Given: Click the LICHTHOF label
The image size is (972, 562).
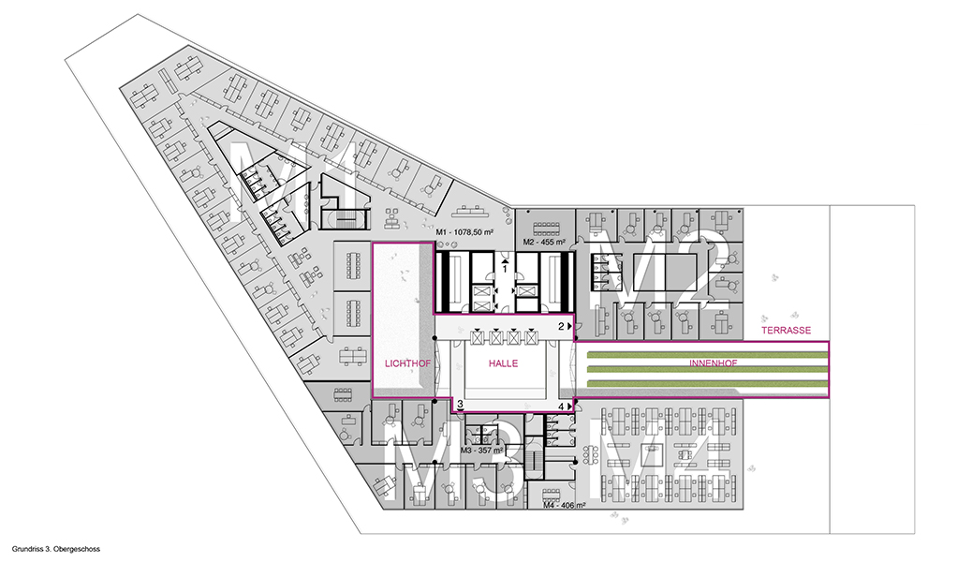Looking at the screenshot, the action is click(x=407, y=363).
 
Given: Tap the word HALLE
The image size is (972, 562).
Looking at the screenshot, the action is click(x=503, y=363).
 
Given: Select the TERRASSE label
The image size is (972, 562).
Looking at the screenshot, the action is click(x=786, y=331).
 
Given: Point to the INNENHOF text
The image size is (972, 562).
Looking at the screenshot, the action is click(x=713, y=362).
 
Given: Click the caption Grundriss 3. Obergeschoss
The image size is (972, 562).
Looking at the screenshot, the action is click(x=56, y=549).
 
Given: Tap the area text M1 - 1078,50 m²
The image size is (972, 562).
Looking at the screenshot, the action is click(x=464, y=232).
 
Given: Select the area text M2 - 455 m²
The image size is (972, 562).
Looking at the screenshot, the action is click(x=544, y=242).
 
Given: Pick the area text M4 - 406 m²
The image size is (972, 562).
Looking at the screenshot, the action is click(x=564, y=506).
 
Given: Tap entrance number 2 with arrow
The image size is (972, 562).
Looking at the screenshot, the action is click(x=564, y=326).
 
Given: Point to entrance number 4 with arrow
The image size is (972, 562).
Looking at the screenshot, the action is click(x=564, y=407).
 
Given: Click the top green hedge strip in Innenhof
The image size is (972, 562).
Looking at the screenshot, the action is click(x=707, y=354).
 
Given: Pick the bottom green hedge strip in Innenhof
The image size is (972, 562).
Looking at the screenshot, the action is click(x=707, y=384).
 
